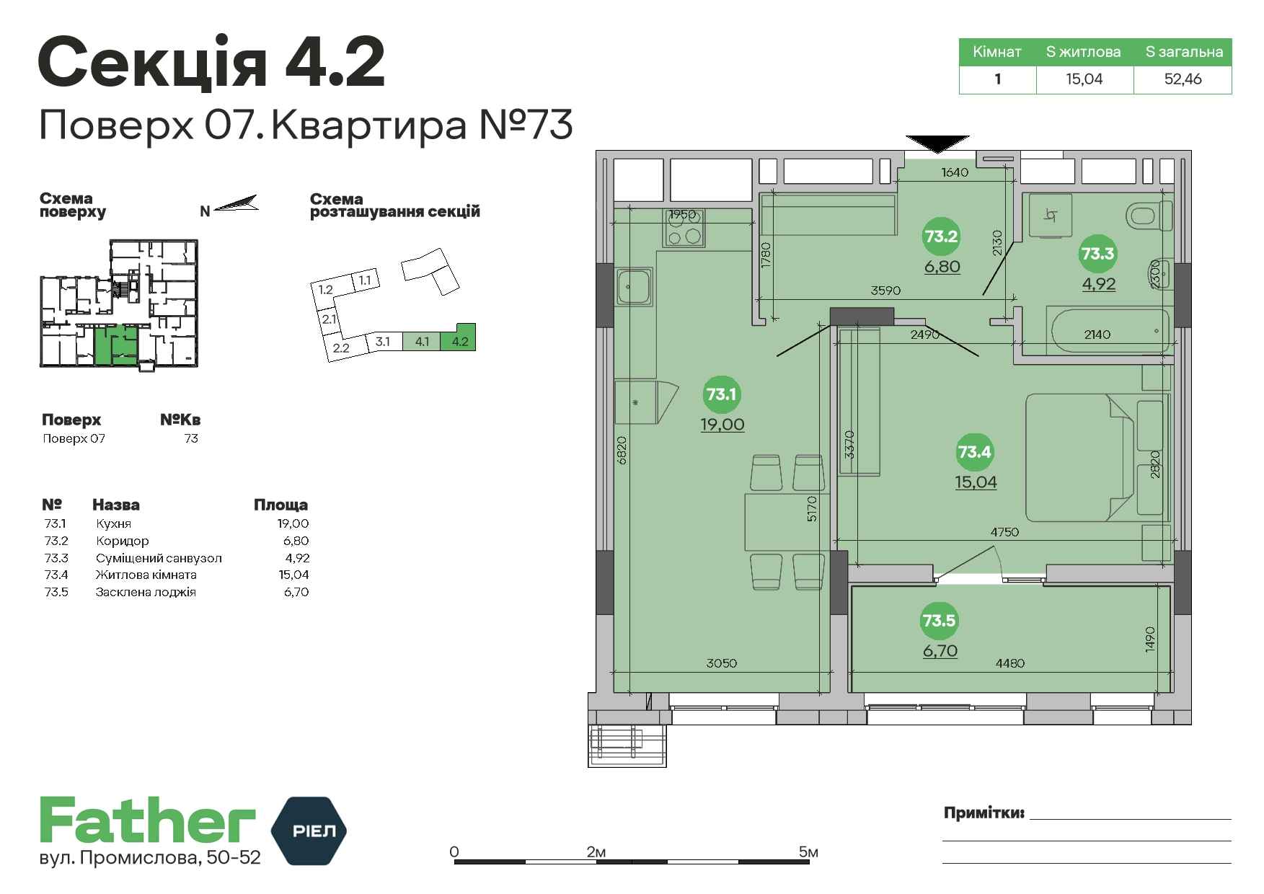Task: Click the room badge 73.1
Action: [x=721, y=394]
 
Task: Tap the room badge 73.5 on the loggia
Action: [x=939, y=621]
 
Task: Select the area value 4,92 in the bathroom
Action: [x=1098, y=284]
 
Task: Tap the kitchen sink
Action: [x=635, y=287]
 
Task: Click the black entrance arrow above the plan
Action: [x=937, y=144]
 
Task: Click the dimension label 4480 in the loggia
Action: [x=1009, y=663]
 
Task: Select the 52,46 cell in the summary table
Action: [x=1183, y=79]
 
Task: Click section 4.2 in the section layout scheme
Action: [x=459, y=337]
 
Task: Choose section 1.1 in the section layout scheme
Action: [x=364, y=280]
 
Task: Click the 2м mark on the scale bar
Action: [x=596, y=852]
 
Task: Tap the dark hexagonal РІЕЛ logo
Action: [x=309, y=831]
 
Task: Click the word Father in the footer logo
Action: [x=148, y=820]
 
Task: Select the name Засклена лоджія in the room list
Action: [x=146, y=592]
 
